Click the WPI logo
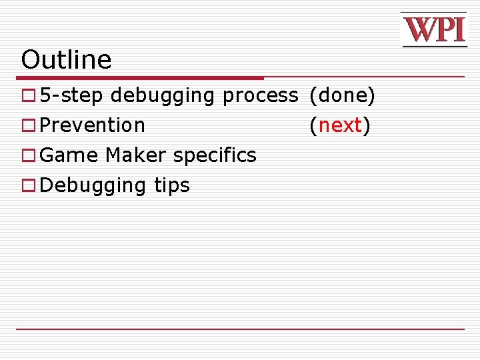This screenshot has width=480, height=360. (433, 30)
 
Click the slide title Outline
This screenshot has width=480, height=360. (66, 60)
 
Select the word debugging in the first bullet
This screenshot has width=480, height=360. (163, 97)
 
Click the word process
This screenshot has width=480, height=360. (260, 97)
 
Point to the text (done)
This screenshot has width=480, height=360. (342, 96)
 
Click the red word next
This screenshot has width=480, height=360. (340, 125)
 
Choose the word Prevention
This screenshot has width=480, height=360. (93, 125)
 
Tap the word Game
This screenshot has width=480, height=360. (69, 155)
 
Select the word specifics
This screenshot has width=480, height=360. (214, 156)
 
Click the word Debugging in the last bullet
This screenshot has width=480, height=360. (94, 186)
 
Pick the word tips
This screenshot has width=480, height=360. (172, 186)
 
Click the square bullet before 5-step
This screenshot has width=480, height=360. (27, 97)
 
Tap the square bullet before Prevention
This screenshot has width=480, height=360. (27, 126)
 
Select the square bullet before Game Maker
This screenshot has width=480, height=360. (27, 156)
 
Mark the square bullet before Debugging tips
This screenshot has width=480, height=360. (27, 186)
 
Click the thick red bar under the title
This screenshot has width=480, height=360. (140, 78)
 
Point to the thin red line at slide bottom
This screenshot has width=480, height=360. (240, 329)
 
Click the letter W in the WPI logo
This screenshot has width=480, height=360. (417, 30)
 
